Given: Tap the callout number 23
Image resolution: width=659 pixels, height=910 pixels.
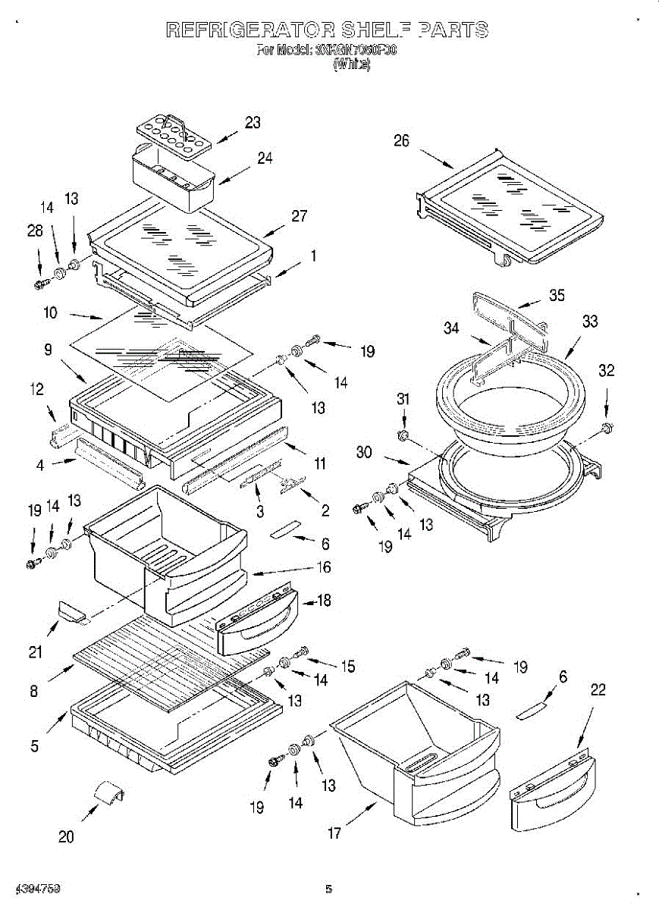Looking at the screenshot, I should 253,122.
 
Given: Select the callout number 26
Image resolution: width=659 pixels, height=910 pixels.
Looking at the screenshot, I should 401,140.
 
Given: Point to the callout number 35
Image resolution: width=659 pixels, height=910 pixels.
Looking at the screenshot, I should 557,296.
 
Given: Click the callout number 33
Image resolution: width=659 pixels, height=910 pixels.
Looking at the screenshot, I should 590,322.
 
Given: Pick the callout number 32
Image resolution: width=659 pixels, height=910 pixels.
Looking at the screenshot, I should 606,371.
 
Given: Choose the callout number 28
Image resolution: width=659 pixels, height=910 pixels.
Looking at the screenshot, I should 35,231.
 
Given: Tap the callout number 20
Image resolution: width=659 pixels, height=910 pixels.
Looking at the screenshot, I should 66,837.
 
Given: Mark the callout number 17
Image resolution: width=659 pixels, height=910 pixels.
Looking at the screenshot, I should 334,833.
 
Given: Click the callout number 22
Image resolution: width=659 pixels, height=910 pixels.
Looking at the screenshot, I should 598,689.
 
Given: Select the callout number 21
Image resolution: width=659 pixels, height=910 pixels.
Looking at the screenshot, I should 35,651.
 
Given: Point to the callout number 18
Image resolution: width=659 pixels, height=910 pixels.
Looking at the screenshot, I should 324,601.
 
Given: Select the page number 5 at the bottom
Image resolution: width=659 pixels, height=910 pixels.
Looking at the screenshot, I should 328,889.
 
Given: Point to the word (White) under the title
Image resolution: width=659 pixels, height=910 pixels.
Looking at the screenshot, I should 351,65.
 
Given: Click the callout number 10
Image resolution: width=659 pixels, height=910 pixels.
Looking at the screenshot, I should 51,312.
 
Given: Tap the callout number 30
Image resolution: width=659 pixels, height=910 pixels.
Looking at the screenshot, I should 364,453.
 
